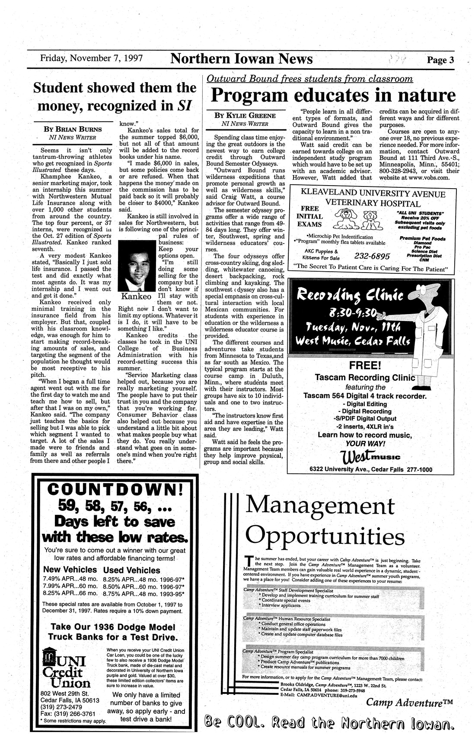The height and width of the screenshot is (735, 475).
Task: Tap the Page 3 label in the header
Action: (x=440, y=60)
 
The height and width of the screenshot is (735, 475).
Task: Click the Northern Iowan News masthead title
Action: (x=242, y=58)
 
